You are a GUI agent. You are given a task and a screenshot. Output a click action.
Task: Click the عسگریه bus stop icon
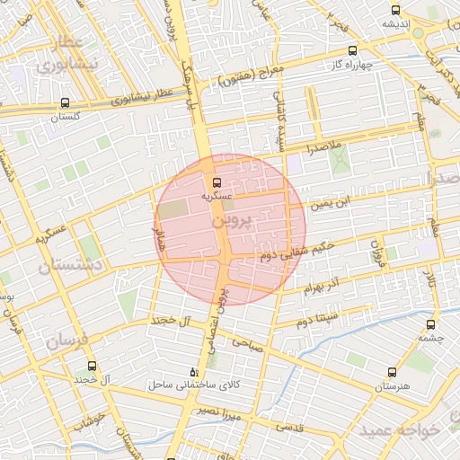[216, 181]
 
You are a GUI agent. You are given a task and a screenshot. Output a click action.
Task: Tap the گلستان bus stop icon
[64, 103]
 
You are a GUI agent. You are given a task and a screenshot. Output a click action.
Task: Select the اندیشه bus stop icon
[396, 10]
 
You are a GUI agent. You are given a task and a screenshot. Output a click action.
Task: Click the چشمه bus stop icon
[431, 325]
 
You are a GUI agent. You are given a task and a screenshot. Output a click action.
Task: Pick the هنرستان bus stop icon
[391, 371]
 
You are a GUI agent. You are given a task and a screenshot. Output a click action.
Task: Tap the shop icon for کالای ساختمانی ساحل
[194, 371]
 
